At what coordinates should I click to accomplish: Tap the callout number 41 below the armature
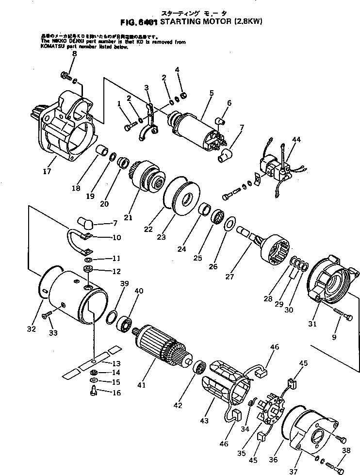pos(141,385)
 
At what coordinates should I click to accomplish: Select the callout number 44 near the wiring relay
pos(296,139)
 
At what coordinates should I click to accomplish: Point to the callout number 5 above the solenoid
pos(211,92)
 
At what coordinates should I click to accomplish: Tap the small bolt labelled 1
pos(129,126)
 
